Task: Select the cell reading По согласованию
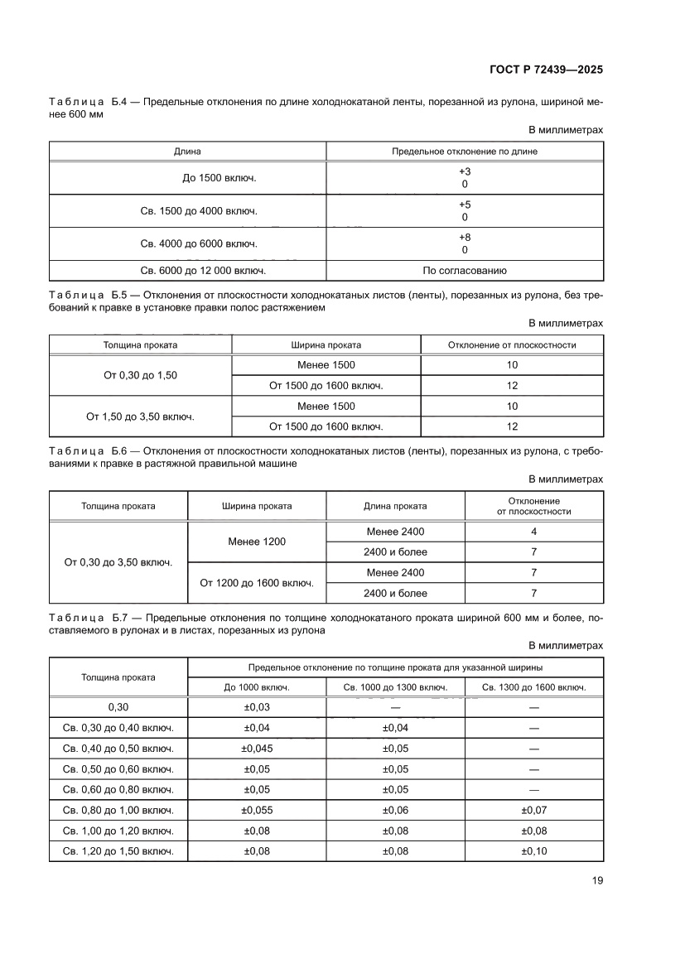pyautogui.click(x=464, y=271)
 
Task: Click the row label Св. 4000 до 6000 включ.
pyautogui.click(x=187, y=243)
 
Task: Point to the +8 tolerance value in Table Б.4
pyautogui.click(x=464, y=238)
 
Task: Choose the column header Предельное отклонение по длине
pyautogui.click(x=464, y=152)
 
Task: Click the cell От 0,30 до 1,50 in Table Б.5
pyautogui.click(x=140, y=375)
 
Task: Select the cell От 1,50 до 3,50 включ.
pyautogui.click(x=140, y=417)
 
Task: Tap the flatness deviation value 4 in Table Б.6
pyautogui.click(x=533, y=532)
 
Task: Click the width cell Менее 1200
pyautogui.click(x=257, y=542)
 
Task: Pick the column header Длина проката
pyautogui.click(x=395, y=506)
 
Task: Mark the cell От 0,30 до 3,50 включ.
pyautogui.click(x=118, y=562)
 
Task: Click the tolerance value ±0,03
pyautogui.click(x=257, y=707)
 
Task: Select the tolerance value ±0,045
pyautogui.click(x=257, y=749)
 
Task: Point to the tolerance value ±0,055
pyautogui.click(x=257, y=811)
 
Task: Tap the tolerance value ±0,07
pyautogui.click(x=533, y=811)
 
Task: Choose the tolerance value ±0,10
pyautogui.click(x=533, y=852)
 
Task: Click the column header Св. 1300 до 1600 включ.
pyautogui.click(x=533, y=687)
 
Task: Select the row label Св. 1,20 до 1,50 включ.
pyautogui.click(x=118, y=852)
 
